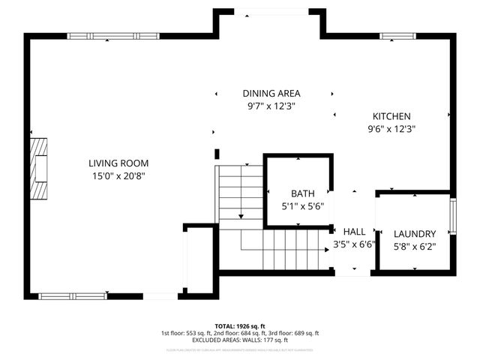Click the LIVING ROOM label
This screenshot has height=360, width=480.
[118, 163]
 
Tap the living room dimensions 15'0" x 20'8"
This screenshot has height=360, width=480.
[118, 176]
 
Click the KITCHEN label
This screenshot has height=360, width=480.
[391, 116]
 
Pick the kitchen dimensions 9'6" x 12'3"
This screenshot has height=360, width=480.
[391, 129]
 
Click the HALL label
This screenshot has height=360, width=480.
[354, 232]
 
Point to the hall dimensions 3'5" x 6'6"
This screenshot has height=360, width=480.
[354, 244]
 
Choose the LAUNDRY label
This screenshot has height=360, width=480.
[415, 233]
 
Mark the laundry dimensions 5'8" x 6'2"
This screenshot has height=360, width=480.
[415, 246]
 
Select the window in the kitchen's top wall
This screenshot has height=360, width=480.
[398, 36]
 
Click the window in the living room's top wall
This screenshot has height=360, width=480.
[113, 36]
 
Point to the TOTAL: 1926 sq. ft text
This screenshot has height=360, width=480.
[240, 326]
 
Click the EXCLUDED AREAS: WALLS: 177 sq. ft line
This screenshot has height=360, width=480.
[240, 340]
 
